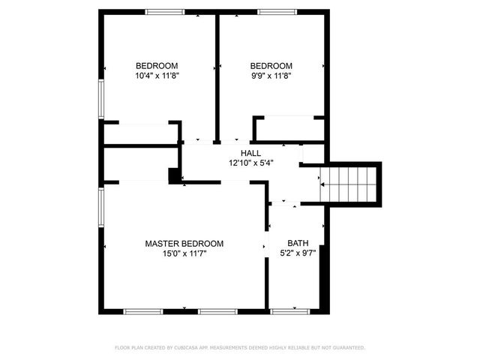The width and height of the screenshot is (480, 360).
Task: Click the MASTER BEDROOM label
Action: point(184,244)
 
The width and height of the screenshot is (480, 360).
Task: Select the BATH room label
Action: point(298,244)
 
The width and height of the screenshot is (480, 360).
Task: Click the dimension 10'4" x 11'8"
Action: point(157,76)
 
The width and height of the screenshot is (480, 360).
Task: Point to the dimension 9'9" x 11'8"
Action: point(271,76)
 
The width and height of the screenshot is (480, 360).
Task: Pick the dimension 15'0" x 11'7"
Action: point(184,254)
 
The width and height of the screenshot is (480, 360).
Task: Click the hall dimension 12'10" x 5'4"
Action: point(250,162)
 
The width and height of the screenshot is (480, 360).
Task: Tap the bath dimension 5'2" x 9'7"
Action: point(298,254)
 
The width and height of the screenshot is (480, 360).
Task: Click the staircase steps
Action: point(355,184)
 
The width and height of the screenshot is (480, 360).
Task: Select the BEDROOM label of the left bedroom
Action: point(157,65)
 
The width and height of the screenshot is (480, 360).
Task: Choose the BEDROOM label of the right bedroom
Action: point(271,65)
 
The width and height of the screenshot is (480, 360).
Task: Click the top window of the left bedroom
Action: point(164,11)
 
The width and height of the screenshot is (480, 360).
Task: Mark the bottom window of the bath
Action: point(289,310)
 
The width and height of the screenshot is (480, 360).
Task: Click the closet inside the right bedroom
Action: point(289,128)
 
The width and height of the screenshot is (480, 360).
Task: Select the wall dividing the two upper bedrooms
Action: point(217,75)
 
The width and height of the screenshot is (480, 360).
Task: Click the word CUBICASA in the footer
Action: point(191,348)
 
